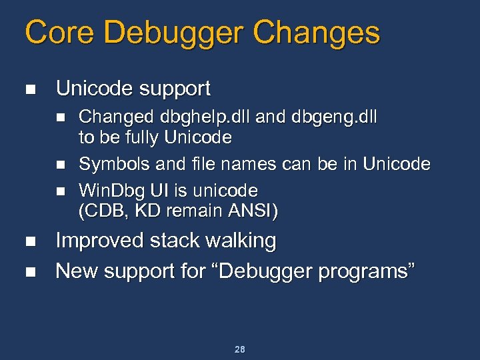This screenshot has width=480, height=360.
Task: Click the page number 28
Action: [x=239, y=349]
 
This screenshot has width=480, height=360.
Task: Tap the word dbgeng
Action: [x=321, y=118]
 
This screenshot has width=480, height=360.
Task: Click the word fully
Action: [x=140, y=139]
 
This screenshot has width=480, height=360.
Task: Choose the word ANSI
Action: [x=253, y=212]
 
